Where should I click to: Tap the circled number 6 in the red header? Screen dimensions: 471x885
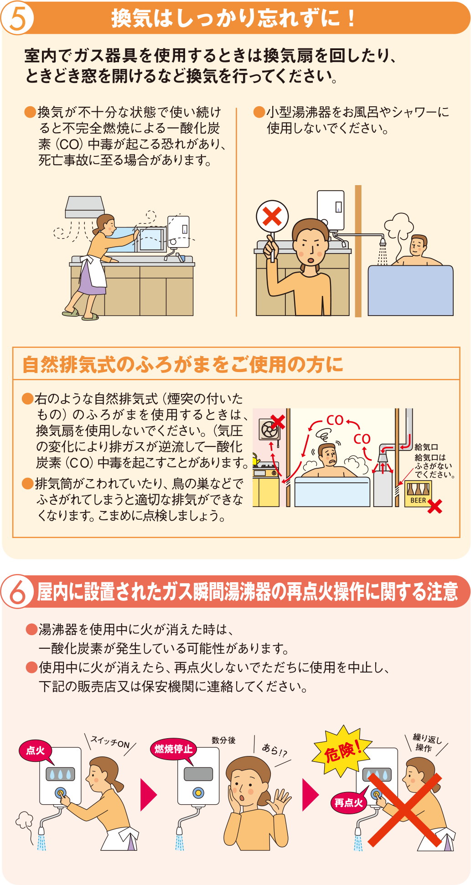[17, 591]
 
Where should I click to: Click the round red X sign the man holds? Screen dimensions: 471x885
[272, 217]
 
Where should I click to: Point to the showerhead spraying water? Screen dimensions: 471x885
[383, 243]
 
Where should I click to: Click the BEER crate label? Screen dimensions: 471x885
[418, 500]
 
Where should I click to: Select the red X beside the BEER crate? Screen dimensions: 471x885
[435, 506]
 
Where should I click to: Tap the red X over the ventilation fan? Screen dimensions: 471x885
[278, 422]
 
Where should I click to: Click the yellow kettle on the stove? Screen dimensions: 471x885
[257, 461]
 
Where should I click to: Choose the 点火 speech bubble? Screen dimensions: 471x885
[36, 750]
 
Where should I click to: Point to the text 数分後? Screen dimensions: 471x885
[223, 740]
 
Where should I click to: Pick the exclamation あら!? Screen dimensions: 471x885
[274, 750]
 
